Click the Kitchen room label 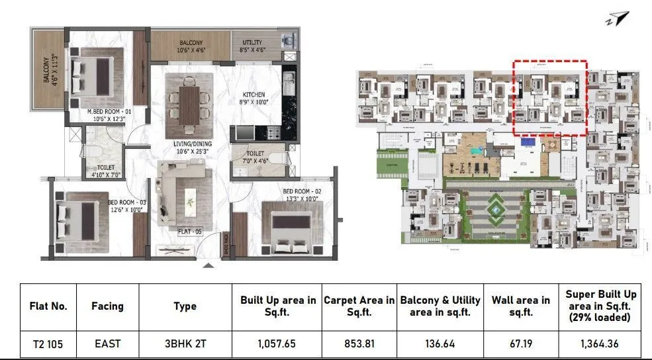pos(254,94)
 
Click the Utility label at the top pos(252,42)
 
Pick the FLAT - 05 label pos(189,232)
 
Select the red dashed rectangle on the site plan pos(551,97)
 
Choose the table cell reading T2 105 pos(48,344)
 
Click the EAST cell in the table pos(107,344)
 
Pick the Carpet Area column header pos(359,306)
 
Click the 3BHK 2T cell pos(185,344)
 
